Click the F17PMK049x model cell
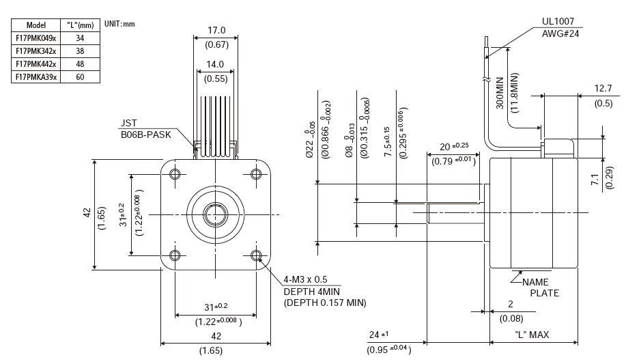36,38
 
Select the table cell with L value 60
81,77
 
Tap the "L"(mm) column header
81,25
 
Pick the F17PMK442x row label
36,64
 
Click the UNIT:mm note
119,23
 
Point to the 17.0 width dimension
216,31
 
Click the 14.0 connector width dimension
216,64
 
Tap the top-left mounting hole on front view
175,174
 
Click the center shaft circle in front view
216,214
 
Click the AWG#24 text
560,33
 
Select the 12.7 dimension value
603,88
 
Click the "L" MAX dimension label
532,335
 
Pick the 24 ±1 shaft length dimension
378,335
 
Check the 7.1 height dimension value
594,180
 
